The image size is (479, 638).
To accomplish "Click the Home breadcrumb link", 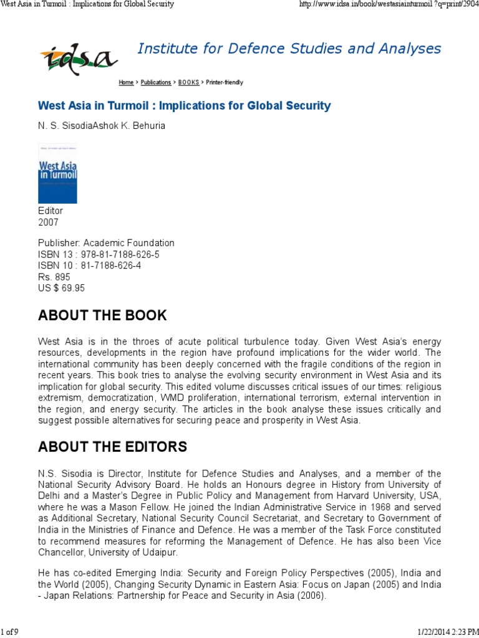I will [x=126, y=82].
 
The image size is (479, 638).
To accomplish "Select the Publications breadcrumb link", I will [x=156, y=82].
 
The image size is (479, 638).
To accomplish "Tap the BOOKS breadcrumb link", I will [x=188, y=82].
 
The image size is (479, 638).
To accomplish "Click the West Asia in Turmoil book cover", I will [x=57, y=173].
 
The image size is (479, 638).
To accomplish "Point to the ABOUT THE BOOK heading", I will [x=102, y=315].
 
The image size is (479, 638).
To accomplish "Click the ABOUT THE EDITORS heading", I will [x=112, y=447].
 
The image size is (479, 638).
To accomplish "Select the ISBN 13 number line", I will [x=99, y=254].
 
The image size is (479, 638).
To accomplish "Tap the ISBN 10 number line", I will [x=90, y=265].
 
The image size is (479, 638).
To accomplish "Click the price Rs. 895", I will [x=54, y=277].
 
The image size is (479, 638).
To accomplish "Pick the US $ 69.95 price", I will [x=61, y=288].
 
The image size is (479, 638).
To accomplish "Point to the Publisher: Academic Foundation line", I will [x=106, y=243].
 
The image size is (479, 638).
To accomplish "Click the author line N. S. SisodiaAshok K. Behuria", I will [x=102, y=125].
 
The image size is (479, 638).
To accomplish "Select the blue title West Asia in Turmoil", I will [x=184, y=106].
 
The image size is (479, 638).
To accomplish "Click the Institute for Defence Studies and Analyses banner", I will [x=289, y=49].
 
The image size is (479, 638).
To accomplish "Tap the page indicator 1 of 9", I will [x=10, y=632].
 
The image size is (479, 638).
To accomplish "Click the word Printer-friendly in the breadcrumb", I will [x=225, y=82].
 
